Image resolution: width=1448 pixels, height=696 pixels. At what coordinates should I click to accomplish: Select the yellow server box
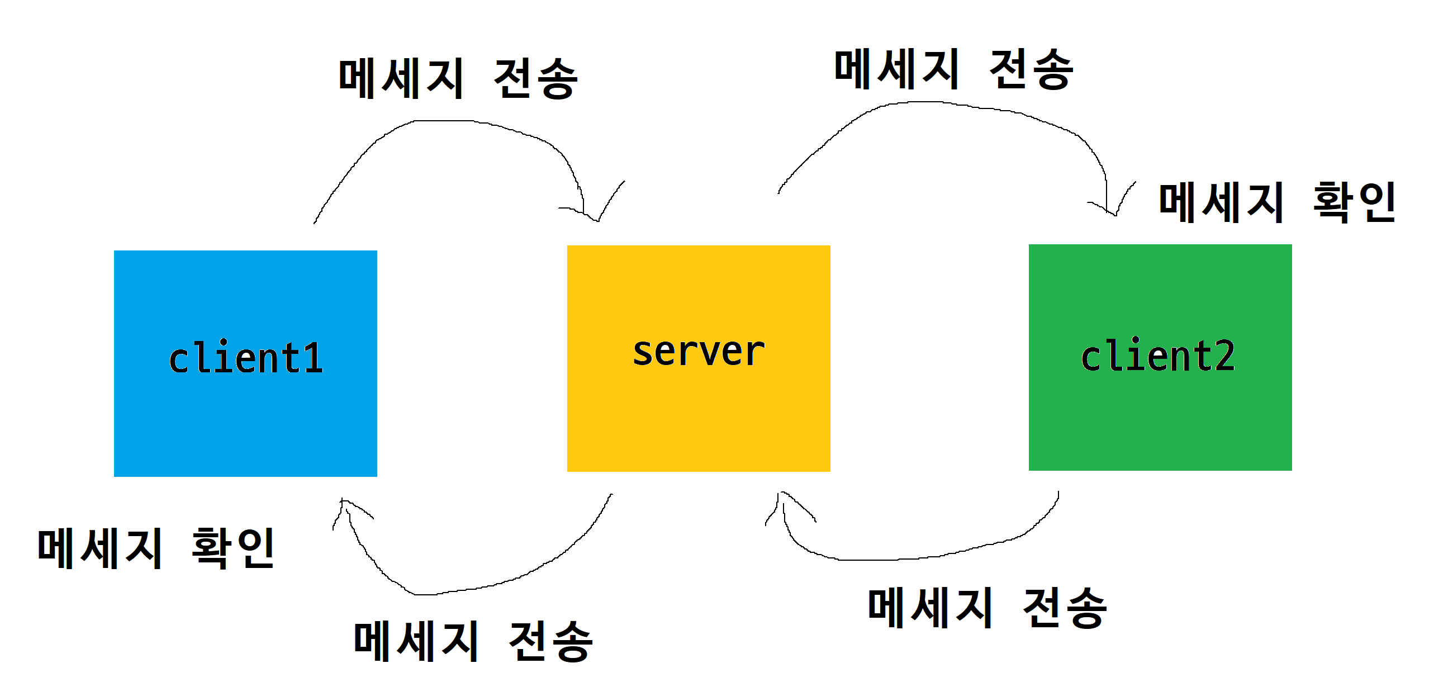click(698, 416)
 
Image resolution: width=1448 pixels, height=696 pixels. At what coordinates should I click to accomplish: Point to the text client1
click(246, 358)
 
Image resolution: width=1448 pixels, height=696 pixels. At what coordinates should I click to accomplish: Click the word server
click(698, 352)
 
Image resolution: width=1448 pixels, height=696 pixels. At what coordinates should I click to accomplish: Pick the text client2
click(1157, 356)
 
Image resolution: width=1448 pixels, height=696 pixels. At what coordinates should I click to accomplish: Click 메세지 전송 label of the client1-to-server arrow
click(458, 78)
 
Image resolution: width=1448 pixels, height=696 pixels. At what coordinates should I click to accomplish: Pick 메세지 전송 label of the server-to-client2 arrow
click(953, 69)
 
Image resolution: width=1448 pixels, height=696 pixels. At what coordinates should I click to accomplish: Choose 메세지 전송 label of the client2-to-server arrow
click(987, 608)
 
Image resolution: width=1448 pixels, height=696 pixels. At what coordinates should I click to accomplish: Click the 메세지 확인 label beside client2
click(1277, 202)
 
